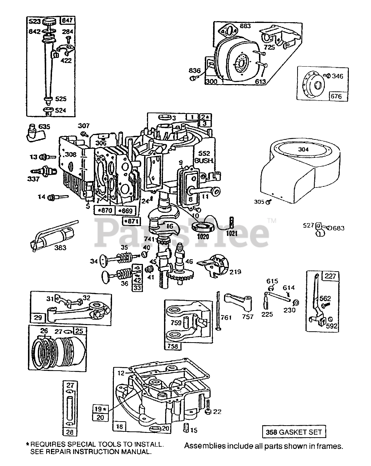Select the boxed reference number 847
coord(67,21)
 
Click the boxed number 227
coord(331,276)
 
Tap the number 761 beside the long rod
coord(226,317)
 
